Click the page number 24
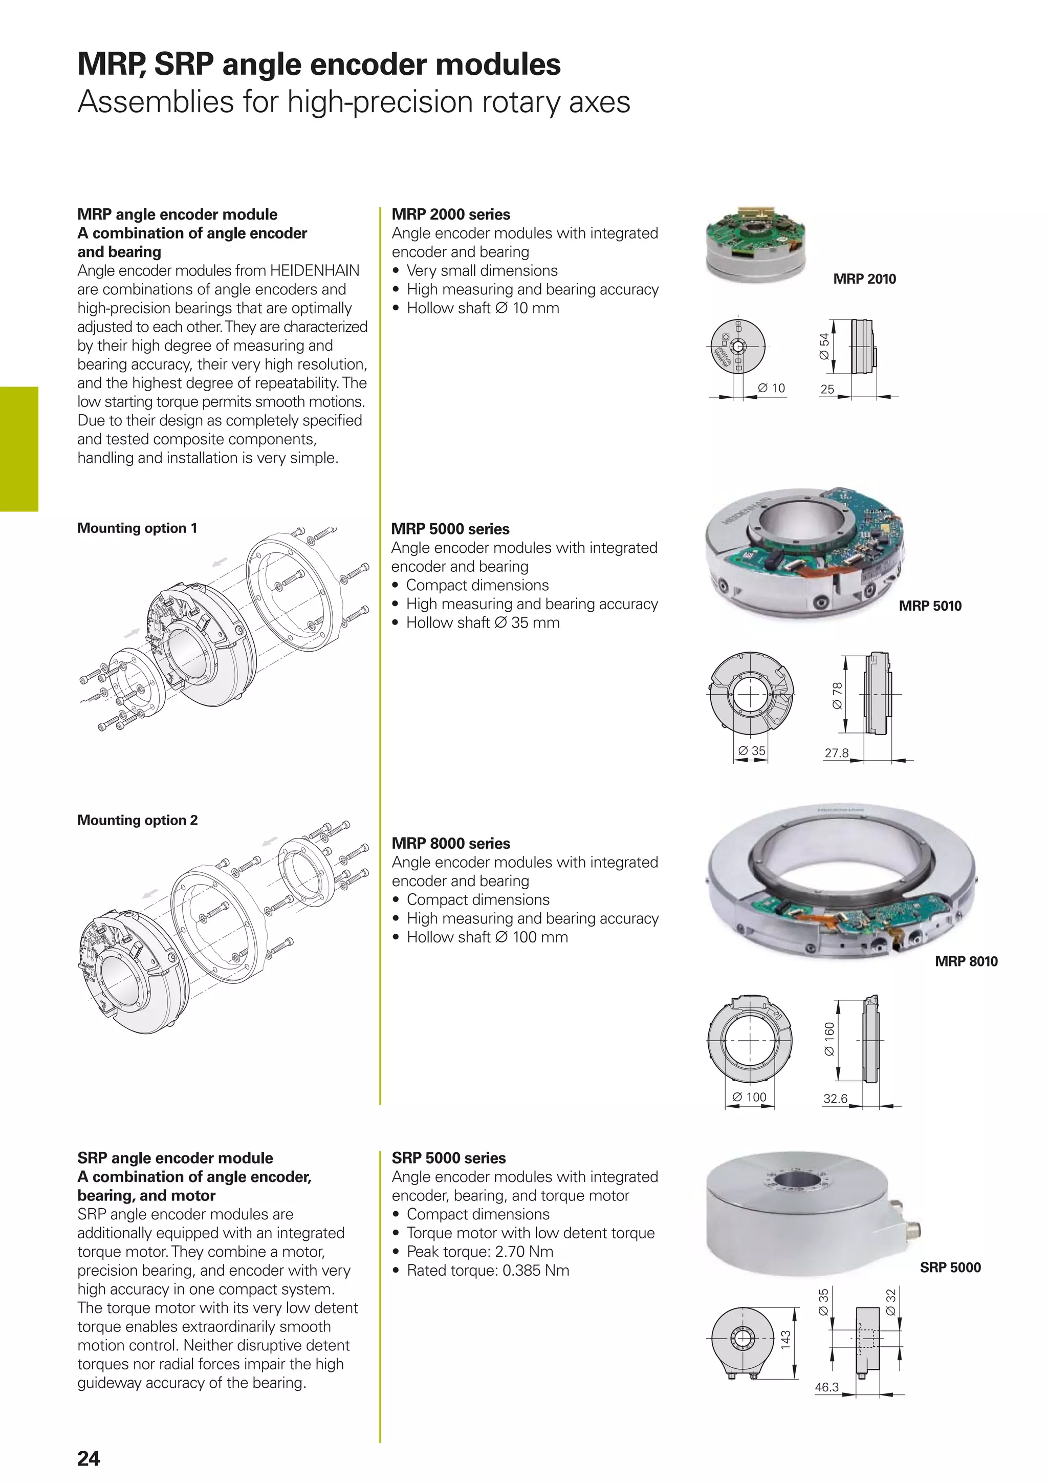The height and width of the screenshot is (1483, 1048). click(x=89, y=1458)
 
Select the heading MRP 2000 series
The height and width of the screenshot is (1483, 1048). click(x=451, y=214)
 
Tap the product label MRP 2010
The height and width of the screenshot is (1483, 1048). click(x=864, y=279)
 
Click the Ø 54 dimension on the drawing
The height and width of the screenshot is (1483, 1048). click(x=823, y=347)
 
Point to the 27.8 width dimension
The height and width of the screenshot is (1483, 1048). click(x=836, y=753)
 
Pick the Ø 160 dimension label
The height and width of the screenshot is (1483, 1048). click(x=829, y=1039)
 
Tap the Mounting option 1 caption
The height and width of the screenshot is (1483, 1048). click(x=137, y=528)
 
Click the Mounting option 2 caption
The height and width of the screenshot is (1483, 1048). click(x=137, y=820)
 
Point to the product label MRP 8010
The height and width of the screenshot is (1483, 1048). click(x=966, y=961)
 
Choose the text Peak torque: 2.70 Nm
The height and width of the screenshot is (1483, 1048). click(x=480, y=1251)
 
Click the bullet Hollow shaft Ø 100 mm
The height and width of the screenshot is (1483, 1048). click(x=487, y=937)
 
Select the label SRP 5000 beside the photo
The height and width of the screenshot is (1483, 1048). click(x=950, y=1267)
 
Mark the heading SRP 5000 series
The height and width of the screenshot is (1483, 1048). click(x=449, y=1158)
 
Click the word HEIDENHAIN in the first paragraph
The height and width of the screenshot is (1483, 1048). click(x=315, y=271)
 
